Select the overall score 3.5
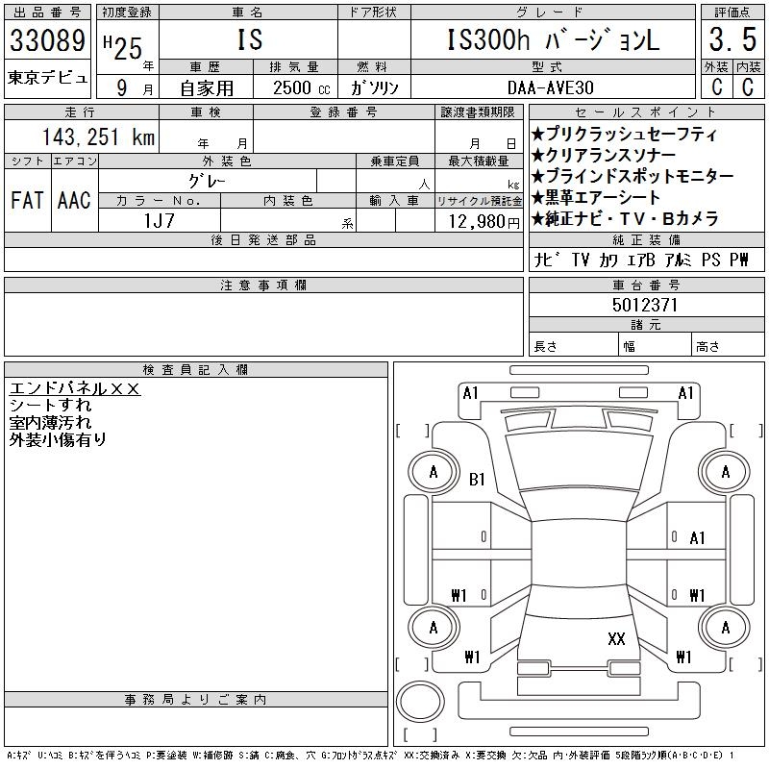(732, 41)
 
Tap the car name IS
(248, 40)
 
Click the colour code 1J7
(159, 220)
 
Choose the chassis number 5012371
(645, 305)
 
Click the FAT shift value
(27, 201)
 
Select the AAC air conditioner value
(74, 201)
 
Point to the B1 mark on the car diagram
(478, 480)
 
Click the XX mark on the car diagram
(617, 638)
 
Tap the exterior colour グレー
(208, 181)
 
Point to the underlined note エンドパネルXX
(75, 388)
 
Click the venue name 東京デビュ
(47, 77)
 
